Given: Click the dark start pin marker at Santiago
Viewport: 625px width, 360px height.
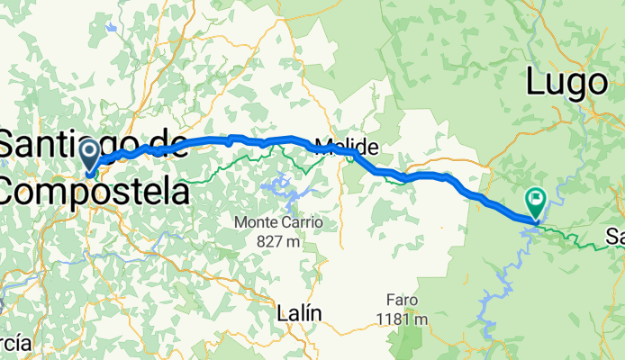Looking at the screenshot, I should click(90, 155).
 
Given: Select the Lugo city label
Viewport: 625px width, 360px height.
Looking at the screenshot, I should click(566, 83).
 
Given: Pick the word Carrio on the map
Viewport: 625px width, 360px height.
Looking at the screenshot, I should click(299, 221).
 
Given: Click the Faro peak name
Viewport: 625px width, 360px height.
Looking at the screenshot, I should click(403, 301).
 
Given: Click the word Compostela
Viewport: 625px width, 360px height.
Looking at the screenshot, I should click(95, 192).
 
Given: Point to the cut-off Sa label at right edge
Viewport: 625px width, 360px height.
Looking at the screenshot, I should click(615, 238).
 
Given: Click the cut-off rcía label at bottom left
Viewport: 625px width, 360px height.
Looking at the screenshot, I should click(16, 343).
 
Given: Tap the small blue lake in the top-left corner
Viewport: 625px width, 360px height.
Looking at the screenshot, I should click(111, 27).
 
